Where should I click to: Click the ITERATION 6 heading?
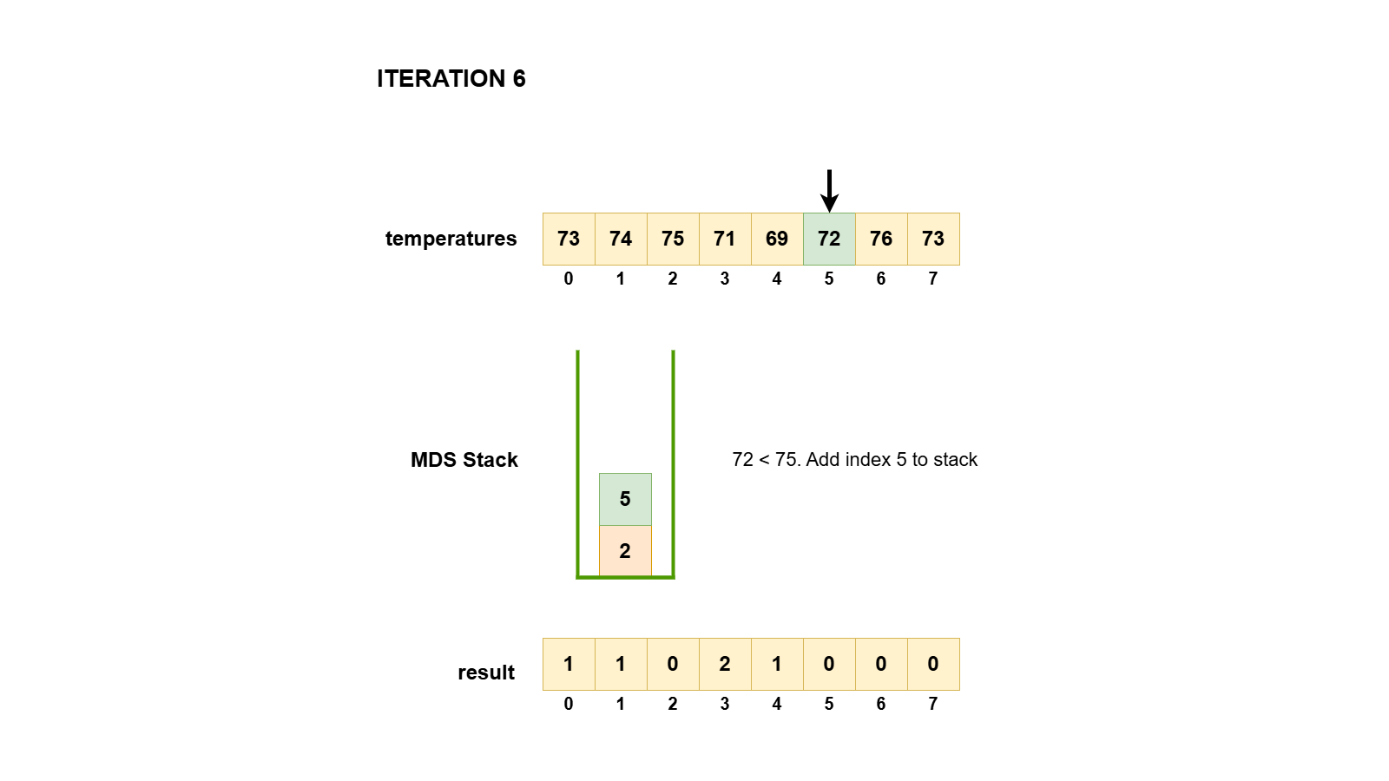(451, 79)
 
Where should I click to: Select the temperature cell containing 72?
(829, 239)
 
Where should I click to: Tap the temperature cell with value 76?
(881, 239)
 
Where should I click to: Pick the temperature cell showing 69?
(777, 239)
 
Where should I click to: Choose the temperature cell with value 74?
(621, 239)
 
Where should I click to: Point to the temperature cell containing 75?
(673, 239)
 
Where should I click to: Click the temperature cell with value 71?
(725, 239)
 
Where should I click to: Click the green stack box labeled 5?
(625, 499)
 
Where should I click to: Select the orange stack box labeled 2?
(625, 551)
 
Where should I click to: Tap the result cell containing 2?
(725, 664)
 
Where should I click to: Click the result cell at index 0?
(569, 664)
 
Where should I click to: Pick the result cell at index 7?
(933, 664)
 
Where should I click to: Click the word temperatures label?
(451, 239)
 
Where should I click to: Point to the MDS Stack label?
(464, 460)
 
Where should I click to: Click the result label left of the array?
(486, 673)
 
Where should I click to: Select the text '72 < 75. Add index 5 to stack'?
(854, 460)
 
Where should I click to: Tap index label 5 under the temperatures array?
(829, 279)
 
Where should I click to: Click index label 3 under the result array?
(725, 704)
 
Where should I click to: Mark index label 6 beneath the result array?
(881, 704)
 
